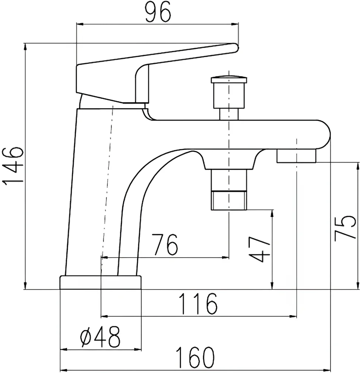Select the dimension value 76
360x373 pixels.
coord(164,245)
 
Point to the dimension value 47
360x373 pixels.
coord(259,249)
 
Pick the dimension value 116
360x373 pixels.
coord(198,304)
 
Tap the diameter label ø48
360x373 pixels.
coord(101,336)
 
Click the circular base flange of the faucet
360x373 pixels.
coord(101,282)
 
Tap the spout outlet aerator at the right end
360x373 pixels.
coord(296,156)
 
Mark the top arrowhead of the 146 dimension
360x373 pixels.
coord(25,47)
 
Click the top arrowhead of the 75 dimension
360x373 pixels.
coord(358,166)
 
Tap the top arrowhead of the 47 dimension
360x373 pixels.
coord(272,214)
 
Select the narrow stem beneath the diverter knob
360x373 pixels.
coord(229,114)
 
